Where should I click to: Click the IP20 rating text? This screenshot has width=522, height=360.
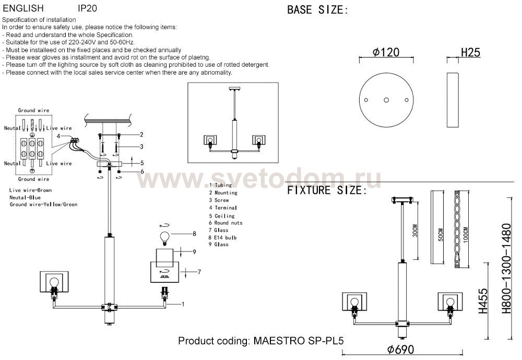click(x=87, y=9)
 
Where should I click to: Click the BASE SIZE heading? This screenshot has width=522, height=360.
click(x=317, y=10)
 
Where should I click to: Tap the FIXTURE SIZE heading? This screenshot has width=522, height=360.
click(x=324, y=190)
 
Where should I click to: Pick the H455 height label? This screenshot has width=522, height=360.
click(x=483, y=301)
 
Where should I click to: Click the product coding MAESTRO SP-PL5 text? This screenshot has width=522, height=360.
click(x=261, y=341)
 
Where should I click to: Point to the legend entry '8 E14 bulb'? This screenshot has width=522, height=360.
click(x=222, y=237)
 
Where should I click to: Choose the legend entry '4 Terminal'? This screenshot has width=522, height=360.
click(x=223, y=208)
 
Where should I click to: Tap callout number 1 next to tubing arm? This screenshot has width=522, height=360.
click(x=183, y=303)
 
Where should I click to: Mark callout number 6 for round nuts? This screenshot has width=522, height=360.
click(x=141, y=172)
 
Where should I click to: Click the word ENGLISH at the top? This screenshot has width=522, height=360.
click(x=23, y=9)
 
